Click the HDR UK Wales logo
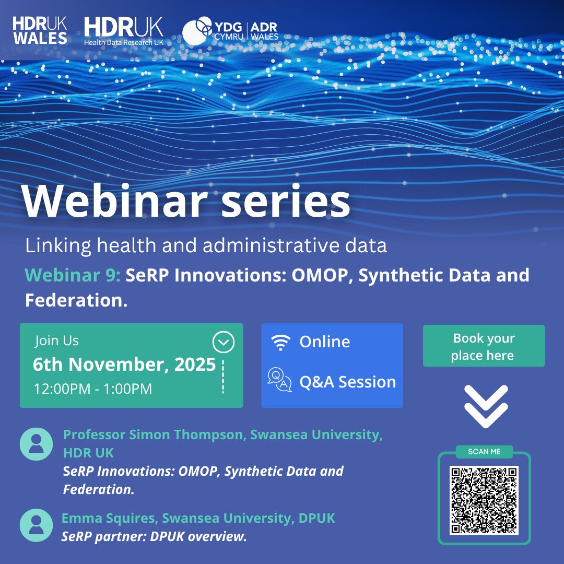40,30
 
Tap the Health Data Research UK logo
123,31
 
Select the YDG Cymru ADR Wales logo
230,31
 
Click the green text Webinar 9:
73,275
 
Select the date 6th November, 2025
124,365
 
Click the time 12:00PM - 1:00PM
93,389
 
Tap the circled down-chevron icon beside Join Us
224,343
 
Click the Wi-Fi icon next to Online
280,343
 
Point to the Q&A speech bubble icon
279,380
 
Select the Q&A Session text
347,382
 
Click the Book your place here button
484,346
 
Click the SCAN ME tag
485,452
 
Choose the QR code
484,500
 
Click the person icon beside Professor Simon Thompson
36,444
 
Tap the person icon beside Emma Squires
36,525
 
